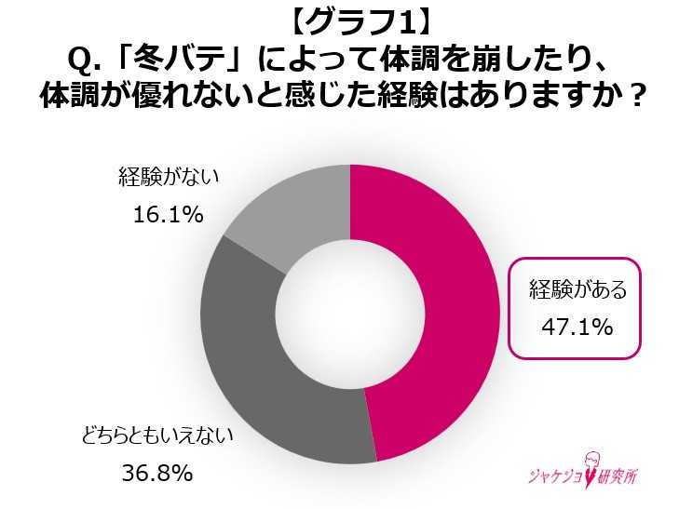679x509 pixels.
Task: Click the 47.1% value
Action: click(x=577, y=327)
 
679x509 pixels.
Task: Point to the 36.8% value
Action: click(x=157, y=474)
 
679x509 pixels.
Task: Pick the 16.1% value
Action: click(x=169, y=215)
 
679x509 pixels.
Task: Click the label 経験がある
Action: click(x=577, y=289)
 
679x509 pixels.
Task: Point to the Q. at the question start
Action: click(x=86, y=60)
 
